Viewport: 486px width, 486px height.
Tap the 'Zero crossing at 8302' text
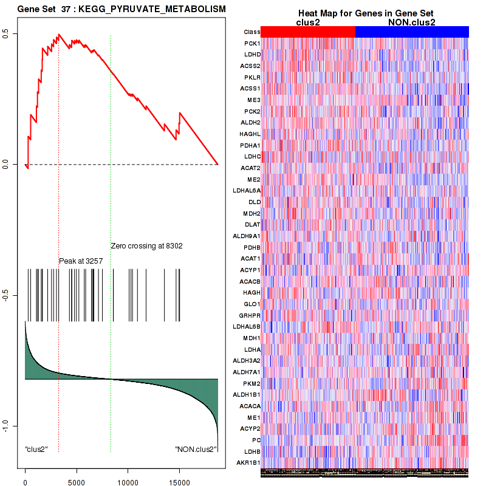point(146,246)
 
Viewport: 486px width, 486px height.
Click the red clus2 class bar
point(308,32)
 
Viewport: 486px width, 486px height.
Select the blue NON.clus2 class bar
point(411,32)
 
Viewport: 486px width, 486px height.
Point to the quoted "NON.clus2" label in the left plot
point(196,450)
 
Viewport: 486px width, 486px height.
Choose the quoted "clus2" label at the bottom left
point(36,450)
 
